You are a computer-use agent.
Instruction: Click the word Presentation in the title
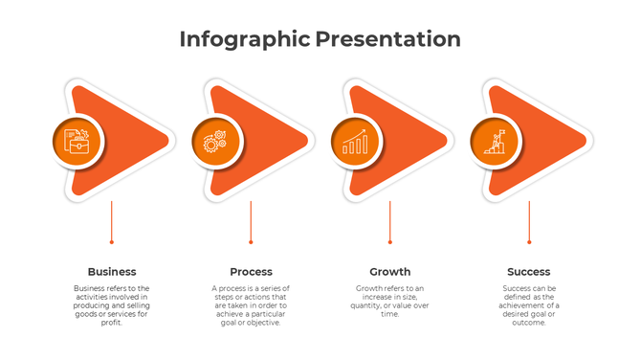[x=387, y=39]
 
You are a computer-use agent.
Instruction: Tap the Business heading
[x=112, y=272]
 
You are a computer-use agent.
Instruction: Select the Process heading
[x=251, y=272]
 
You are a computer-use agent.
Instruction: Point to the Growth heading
[x=390, y=272]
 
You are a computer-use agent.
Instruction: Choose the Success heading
[x=529, y=272]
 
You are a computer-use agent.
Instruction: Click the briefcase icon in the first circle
[x=77, y=142]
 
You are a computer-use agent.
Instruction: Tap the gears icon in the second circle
[x=215, y=142]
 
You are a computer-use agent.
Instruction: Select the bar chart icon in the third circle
[x=355, y=142]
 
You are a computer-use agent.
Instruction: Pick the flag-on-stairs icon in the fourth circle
[x=494, y=142]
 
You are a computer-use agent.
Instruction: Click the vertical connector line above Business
[x=112, y=221]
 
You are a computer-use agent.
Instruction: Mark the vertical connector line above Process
[x=251, y=221]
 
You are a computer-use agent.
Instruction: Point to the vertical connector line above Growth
[x=390, y=221]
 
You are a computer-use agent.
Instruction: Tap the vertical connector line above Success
[x=529, y=221]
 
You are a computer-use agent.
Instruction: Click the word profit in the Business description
[x=112, y=323]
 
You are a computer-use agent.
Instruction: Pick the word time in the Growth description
[x=390, y=314]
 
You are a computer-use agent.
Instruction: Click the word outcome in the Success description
[x=529, y=323]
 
